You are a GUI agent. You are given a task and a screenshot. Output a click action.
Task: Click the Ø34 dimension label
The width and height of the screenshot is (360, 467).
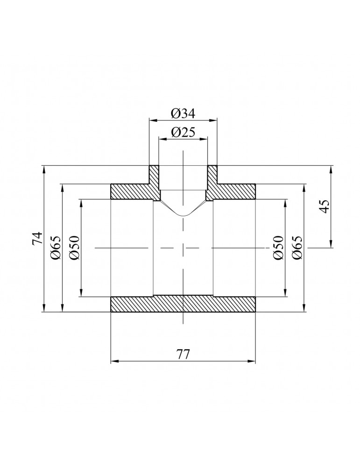pos(183,113)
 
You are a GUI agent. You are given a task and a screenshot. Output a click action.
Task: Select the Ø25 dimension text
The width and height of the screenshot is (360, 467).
pos(183,132)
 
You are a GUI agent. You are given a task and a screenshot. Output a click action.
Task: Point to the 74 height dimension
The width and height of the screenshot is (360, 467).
pos(38,239)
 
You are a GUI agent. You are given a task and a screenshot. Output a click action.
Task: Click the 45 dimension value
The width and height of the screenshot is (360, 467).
pos(325,206)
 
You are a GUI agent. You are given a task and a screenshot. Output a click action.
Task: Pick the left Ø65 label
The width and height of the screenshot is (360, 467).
pos(56,248)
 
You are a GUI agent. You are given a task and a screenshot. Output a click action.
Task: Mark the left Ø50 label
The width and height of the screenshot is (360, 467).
pos(75,248)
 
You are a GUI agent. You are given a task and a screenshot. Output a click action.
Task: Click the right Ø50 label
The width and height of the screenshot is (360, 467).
pos(279,248)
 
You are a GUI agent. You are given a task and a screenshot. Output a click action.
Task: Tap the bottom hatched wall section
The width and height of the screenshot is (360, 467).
pos(183,304)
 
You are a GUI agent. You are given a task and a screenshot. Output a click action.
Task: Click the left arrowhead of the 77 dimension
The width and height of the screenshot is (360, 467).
pos(113,361)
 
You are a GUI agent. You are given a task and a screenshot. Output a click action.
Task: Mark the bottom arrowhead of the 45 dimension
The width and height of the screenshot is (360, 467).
pos(331,245)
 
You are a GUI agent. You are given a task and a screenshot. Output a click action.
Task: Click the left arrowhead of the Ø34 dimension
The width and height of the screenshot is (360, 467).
pos(152,120)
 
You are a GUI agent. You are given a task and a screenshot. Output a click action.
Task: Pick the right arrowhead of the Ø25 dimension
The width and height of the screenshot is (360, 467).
pos(205,139)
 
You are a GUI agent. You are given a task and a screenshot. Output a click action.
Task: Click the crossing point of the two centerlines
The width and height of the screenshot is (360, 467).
pos(183,248)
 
